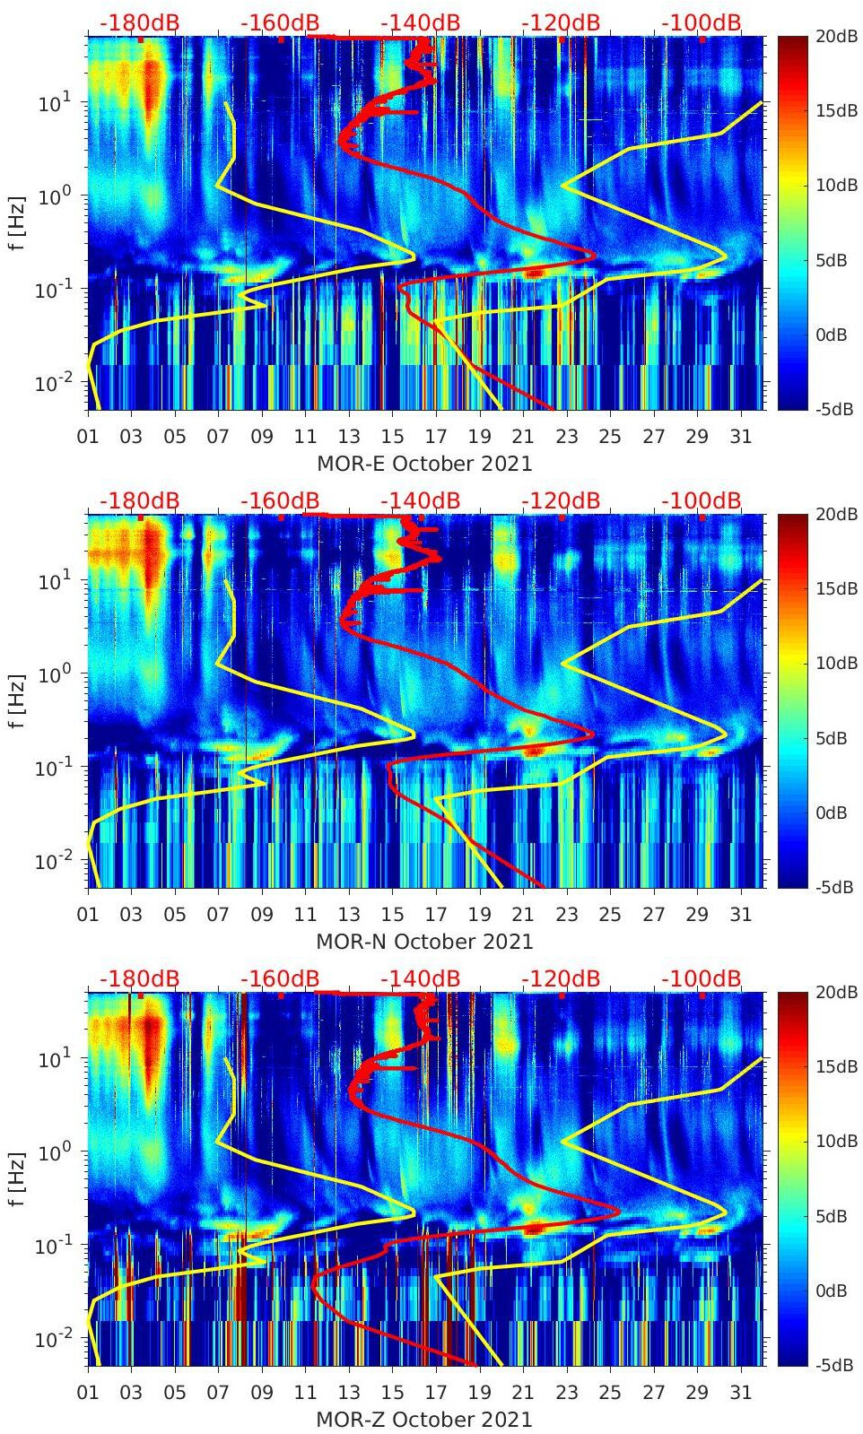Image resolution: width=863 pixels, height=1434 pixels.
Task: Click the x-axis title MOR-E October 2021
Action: [424, 464]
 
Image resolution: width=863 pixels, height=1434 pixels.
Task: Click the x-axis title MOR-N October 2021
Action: [424, 942]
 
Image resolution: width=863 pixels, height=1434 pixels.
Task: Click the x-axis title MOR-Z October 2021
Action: [424, 1420]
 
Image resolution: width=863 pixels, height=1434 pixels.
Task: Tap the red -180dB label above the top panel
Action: [139, 22]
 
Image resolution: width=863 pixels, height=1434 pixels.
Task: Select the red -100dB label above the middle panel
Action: [702, 500]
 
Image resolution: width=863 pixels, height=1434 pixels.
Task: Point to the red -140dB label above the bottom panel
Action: [420, 978]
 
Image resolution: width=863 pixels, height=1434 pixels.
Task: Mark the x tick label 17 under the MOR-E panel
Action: [436, 437]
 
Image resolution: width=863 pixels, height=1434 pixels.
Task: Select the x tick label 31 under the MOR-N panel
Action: [740, 915]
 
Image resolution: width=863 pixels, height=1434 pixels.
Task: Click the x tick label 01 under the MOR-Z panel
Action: [88, 1393]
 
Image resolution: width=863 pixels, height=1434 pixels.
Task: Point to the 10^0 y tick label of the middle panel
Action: [54, 674]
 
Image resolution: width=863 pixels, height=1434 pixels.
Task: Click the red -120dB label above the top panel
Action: [561, 22]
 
